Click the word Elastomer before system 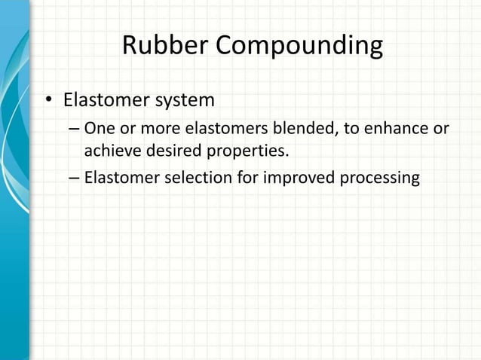coord(101,100)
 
